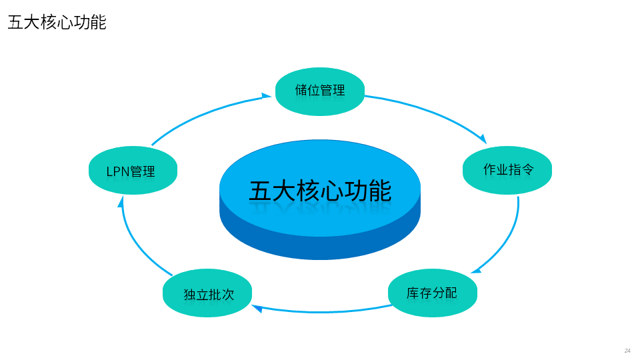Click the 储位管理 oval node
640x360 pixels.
point(320,91)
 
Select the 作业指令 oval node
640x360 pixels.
point(507,170)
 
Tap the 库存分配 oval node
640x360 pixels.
point(433,293)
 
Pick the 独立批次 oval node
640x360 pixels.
point(207,293)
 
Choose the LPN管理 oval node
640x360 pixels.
point(133,171)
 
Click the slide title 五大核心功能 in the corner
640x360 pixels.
point(57,23)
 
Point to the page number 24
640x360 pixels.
point(627,351)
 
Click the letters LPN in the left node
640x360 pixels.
point(118,171)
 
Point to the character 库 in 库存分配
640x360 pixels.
point(413,293)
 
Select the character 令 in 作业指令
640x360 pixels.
point(527,169)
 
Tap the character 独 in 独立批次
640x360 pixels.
point(189,294)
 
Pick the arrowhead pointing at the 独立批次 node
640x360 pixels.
point(257,308)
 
